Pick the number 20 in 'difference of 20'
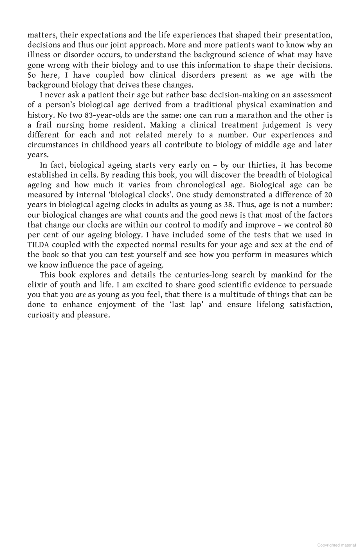[x=328, y=195]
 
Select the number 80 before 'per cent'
[x=328, y=225]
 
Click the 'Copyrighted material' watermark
[x=336, y=545]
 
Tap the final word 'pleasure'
[x=93, y=315]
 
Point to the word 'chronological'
[x=201, y=185]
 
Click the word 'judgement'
[x=284, y=125]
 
